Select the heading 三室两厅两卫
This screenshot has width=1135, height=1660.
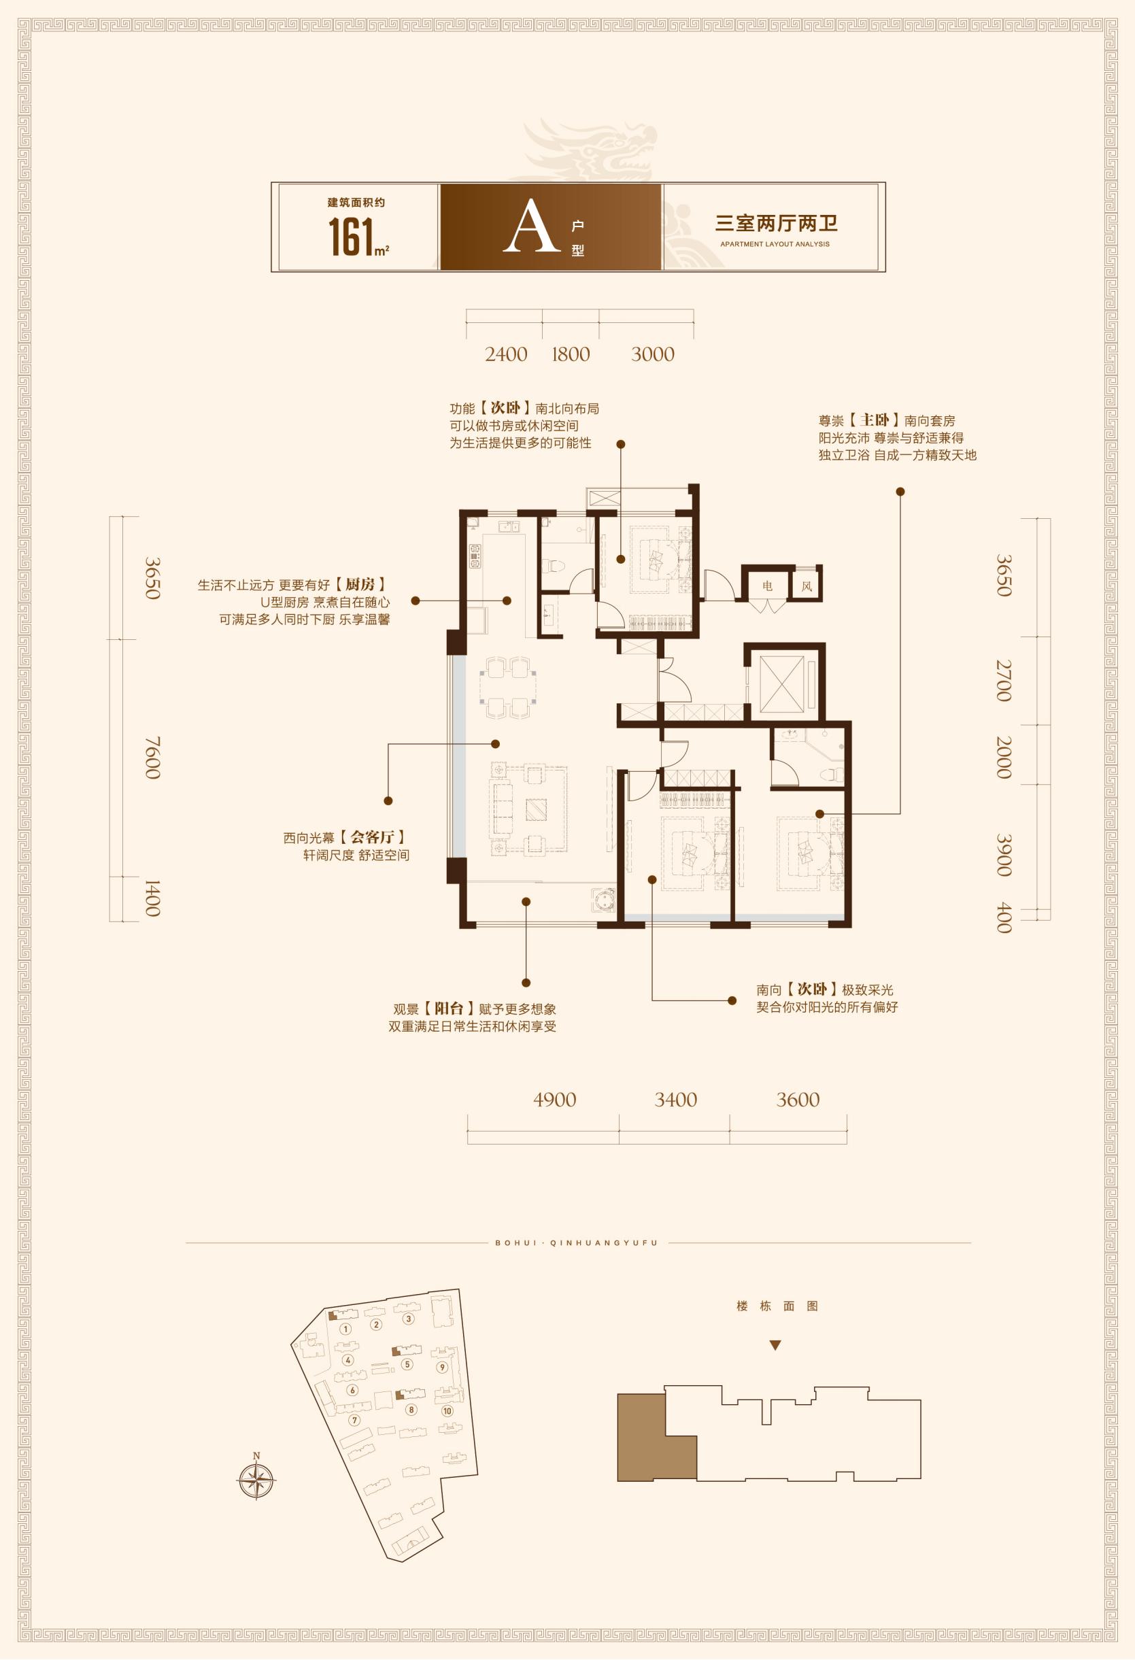pos(777,224)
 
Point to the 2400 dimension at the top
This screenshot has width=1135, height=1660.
pos(506,354)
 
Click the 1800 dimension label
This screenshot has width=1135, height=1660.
pos(571,354)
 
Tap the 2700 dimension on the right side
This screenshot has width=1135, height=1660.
pos(1004,681)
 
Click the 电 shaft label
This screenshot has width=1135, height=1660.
pos(767,586)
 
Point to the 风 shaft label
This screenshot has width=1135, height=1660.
pos(807,586)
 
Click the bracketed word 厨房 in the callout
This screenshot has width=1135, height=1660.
pos(361,584)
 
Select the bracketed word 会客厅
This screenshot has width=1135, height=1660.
pos(372,836)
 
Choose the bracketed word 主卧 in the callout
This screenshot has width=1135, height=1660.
pos(876,420)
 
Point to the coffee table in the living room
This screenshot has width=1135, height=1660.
pos(535,809)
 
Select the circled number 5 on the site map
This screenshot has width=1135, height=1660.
pos(407,1363)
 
